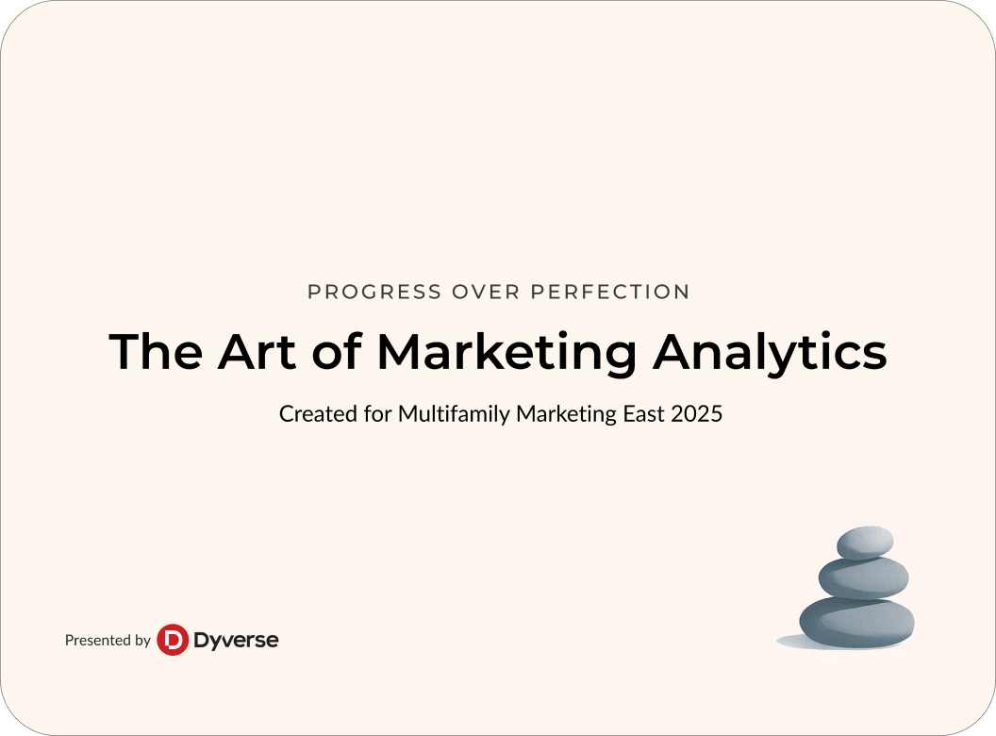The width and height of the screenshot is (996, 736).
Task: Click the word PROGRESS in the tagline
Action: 374,292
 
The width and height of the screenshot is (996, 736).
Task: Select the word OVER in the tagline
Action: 486,292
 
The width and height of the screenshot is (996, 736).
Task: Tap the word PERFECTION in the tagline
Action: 610,292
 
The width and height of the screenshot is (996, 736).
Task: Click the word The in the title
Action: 156,351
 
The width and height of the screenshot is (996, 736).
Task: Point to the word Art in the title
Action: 257,351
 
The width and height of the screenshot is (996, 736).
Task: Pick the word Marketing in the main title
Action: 506,355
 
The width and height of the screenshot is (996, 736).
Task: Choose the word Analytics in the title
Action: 770,355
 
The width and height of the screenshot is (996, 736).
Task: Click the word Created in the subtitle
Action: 318,413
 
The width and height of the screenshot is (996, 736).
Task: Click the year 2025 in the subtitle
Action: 697,413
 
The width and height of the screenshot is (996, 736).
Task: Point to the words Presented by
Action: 108,640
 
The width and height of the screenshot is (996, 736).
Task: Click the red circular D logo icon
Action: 173,640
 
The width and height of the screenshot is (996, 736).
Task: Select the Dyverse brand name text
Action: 236,641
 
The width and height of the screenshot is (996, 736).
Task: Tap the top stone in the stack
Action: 865,543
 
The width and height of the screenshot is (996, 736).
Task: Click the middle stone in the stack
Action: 863,578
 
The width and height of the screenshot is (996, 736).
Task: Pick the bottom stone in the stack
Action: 857,622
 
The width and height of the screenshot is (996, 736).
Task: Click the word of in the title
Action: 337,351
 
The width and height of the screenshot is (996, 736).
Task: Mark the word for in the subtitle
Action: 378,413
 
